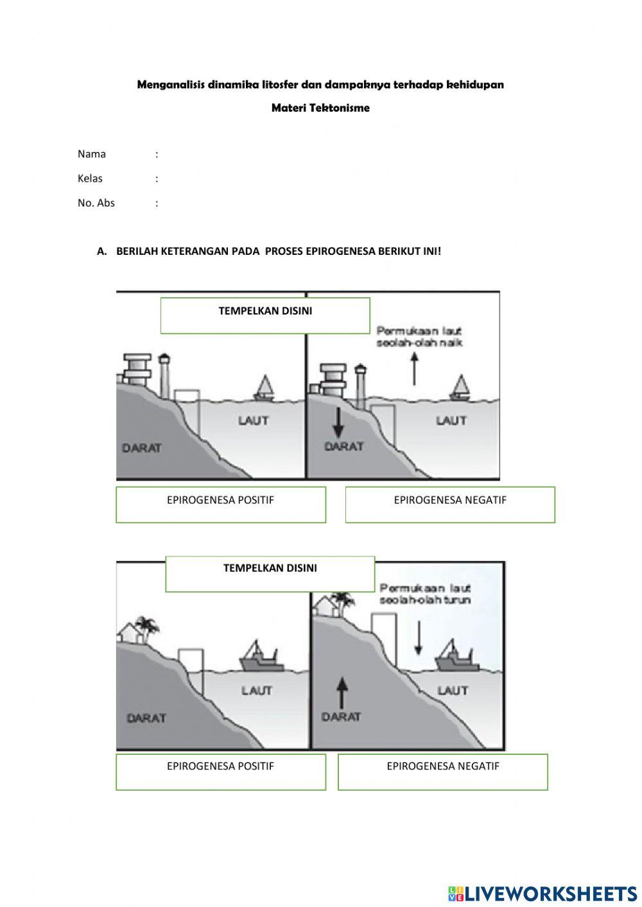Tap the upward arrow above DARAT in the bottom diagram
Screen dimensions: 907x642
pos(342,693)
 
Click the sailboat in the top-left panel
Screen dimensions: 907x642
pos(264,388)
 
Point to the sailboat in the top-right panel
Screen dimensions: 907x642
pos(460,388)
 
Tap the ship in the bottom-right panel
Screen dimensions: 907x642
pos(457,657)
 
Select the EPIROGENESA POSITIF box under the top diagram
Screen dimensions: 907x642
pos(221,505)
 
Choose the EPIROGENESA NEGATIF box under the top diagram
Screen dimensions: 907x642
pos(450,505)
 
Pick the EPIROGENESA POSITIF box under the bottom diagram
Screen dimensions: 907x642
pos(221,772)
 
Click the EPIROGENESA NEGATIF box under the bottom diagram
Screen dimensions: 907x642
pos(443,772)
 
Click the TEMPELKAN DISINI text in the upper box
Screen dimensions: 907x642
pos(265,311)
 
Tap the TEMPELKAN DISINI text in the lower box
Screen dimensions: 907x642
pos(270,568)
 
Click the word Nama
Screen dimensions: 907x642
pos(92,154)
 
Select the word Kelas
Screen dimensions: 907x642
pos(90,178)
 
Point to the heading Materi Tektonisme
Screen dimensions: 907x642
pos(320,108)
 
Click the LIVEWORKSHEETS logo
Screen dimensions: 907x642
pos(542,893)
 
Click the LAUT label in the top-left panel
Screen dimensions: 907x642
pos(254,421)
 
